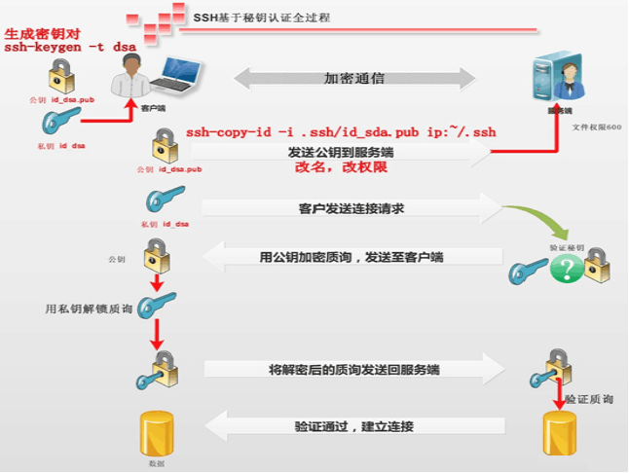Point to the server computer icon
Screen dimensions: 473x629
552,82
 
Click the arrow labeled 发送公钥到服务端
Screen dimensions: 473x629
341,153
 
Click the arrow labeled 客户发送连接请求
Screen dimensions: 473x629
351,208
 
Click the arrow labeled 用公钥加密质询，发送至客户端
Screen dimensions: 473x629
351,258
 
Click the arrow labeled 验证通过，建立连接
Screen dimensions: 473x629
351,425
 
